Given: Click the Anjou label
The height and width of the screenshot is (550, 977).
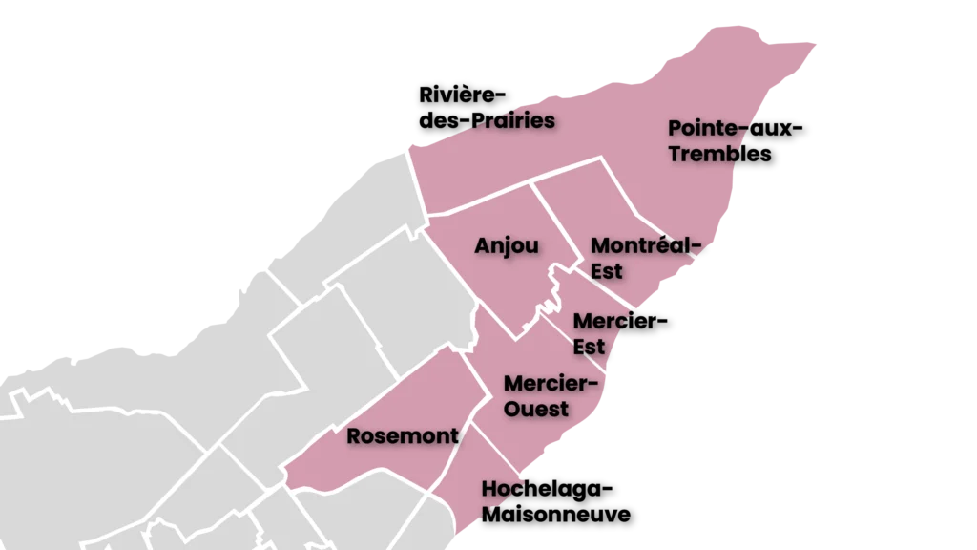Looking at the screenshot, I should [x=506, y=246].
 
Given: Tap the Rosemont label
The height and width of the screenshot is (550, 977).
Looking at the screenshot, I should [x=402, y=436].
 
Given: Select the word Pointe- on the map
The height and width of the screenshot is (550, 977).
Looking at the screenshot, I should [x=703, y=128].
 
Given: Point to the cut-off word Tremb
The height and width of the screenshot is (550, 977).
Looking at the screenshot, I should [x=703, y=153].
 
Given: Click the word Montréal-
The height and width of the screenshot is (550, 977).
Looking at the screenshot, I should [x=638, y=246].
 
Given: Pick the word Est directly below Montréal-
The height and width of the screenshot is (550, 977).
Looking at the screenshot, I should [x=606, y=271].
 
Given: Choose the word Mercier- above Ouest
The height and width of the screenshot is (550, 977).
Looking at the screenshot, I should [x=551, y=384].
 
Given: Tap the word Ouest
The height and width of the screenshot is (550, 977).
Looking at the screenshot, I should [x=535, y=409].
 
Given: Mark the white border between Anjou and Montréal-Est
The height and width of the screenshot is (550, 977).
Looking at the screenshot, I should [x=556, y=222].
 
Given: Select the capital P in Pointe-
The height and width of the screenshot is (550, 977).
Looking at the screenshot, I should [x=675, y=128].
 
